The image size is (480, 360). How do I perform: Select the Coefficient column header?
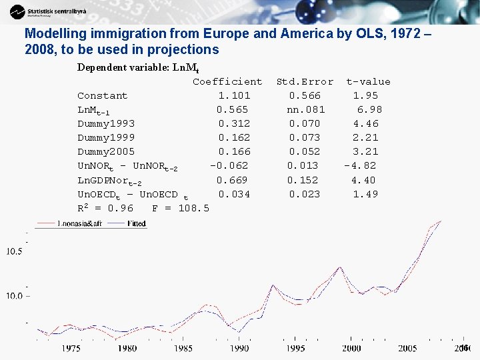pyautogui.click(x=227, y=82)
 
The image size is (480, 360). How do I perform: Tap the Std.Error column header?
pyautogui.click(x=305, y=82)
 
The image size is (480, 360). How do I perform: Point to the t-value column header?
pyautogui.click(x=368, y=82)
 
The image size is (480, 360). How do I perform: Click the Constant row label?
pyautogui.click(x=102, y=96)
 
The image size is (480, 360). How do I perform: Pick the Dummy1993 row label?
pyautogui.click(x=106, y=124)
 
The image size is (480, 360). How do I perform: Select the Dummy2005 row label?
pyautogui.click(x=106, y=152)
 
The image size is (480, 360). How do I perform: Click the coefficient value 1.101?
pyautogui.click(x=234, y=96)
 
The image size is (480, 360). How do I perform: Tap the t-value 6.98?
pyautogui.click(x=370, y=110)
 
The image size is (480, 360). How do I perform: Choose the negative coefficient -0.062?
pyautogui.click(x=229, y=166)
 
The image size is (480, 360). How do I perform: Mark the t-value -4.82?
pyautogui.click(x=360, y=166)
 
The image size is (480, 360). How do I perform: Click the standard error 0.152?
pyautogui.click(x=303, y=180)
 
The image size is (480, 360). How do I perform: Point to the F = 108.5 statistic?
pyautogui.click(x=180, y=209)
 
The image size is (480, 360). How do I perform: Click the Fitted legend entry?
pyautogui.click(x=136, y=224)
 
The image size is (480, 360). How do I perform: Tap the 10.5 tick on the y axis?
pyautogui.click(x=14, y=251)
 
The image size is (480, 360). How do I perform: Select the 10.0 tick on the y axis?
pyautogui.click(x=14, y=295)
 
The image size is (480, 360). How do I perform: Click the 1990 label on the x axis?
pyautogui.click(x=239, y=348)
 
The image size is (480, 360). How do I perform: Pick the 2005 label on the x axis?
pyautogui.click(x=407, y=348)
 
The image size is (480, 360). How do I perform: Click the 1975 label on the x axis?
pyautogui.click(x=71, y=348)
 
